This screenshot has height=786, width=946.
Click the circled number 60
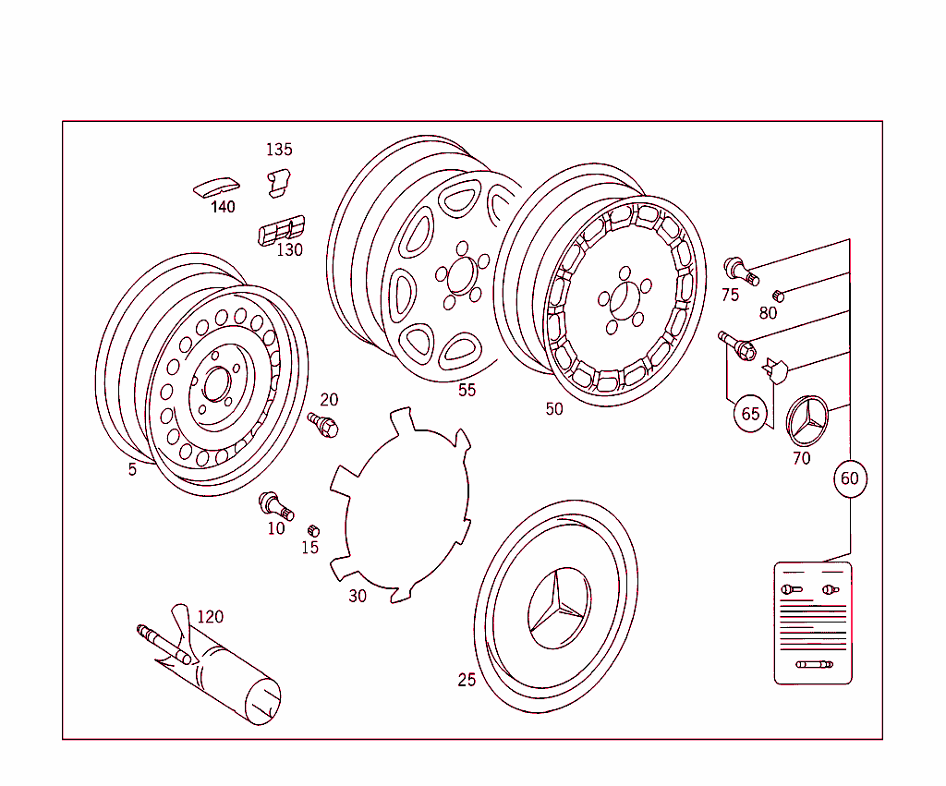849,478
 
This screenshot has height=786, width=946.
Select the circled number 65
750,413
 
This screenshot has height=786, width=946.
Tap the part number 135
279,150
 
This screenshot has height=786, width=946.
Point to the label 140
223,207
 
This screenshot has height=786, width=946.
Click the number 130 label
290,249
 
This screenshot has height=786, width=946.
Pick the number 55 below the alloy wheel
467,390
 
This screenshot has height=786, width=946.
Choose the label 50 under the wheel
554,409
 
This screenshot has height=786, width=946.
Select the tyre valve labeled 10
275,505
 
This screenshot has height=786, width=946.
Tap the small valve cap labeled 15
312,530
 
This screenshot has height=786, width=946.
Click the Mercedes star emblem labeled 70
807,422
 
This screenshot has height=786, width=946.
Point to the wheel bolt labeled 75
739,270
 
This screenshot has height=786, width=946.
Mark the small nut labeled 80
777,296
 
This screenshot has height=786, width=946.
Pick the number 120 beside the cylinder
211,617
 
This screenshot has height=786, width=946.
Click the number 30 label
358,596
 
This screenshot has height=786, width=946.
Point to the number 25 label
467,680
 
